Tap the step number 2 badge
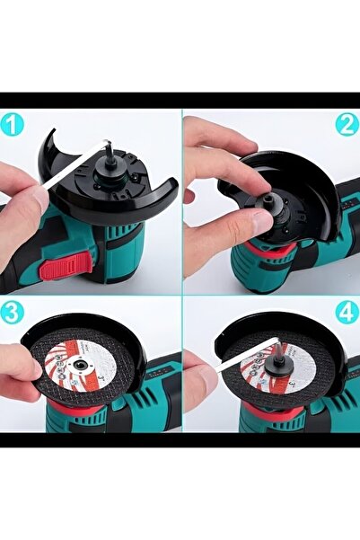point(347,125)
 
